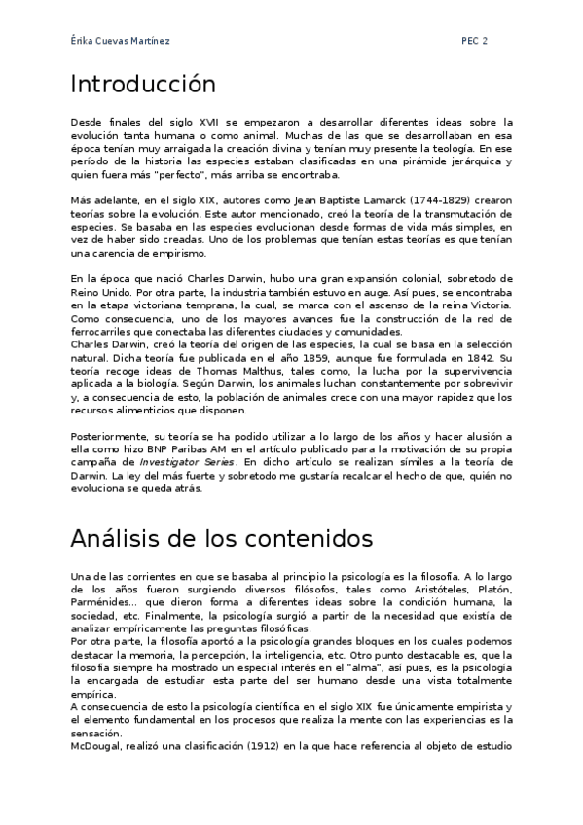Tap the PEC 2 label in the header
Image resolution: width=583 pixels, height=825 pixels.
coord(475,41)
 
